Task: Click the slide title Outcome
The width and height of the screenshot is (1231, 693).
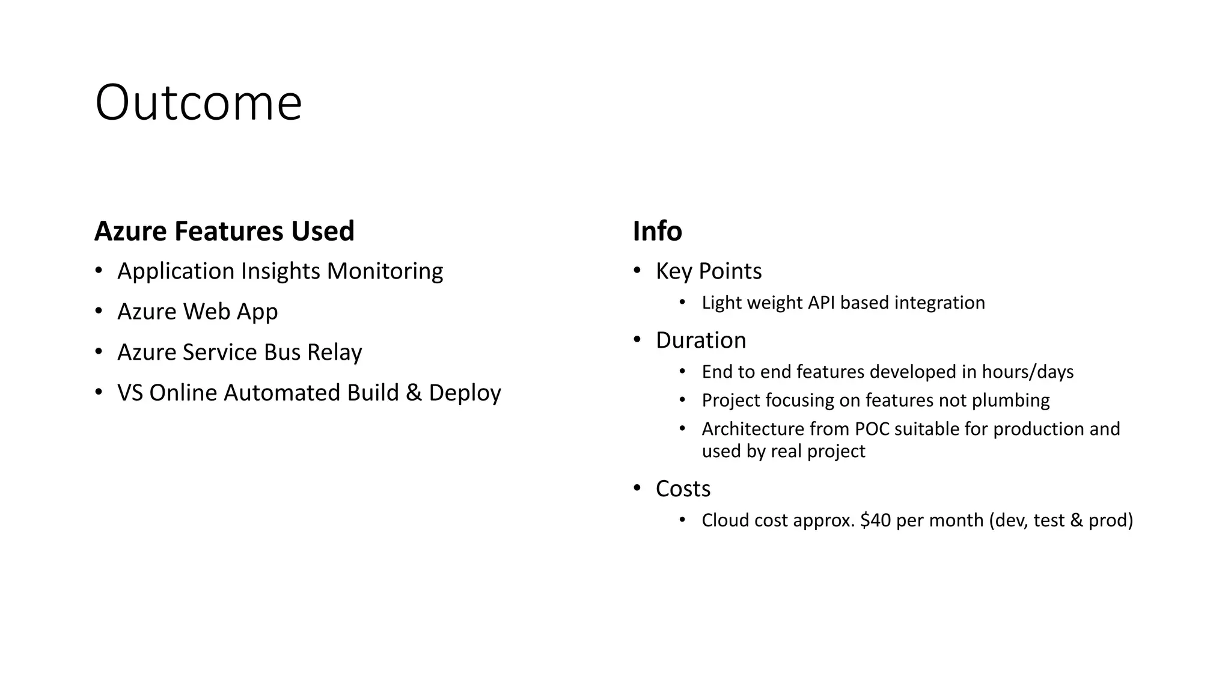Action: pyautogui.click(x=198, y=103)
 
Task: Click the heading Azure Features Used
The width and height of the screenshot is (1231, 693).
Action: pyautogui.click(x=224, y=231)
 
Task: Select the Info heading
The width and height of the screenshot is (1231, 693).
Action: pyautogui.click(x=657, y=231)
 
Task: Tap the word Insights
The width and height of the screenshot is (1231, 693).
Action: pyautogui.click(x=280, y=271)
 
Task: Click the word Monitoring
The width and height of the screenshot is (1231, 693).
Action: pyautogui.click(x=385, y=271)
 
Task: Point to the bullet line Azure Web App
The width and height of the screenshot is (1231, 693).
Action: pyautogui.click(x=197, y=312)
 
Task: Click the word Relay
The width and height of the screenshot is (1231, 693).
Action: pyautogui.click(x=334, y=352)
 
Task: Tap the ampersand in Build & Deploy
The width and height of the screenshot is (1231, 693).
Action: pyautogui.click(x=414, y=393)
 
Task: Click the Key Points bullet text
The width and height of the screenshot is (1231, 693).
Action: pyautogui.click(x=709, y=271)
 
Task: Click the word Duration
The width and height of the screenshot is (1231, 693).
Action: pyautogui.click(x=701, y=340)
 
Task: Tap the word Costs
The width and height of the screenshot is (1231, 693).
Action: pyautogui.click(x=683, y=489)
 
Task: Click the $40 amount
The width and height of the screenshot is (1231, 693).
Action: pyautogui.click(x=875, y=520)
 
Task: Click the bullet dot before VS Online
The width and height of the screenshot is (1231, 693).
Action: pyautogui.click(x=99, y=393)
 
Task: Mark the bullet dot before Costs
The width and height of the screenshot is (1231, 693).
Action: pyautogui.click(x=637, y=488)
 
